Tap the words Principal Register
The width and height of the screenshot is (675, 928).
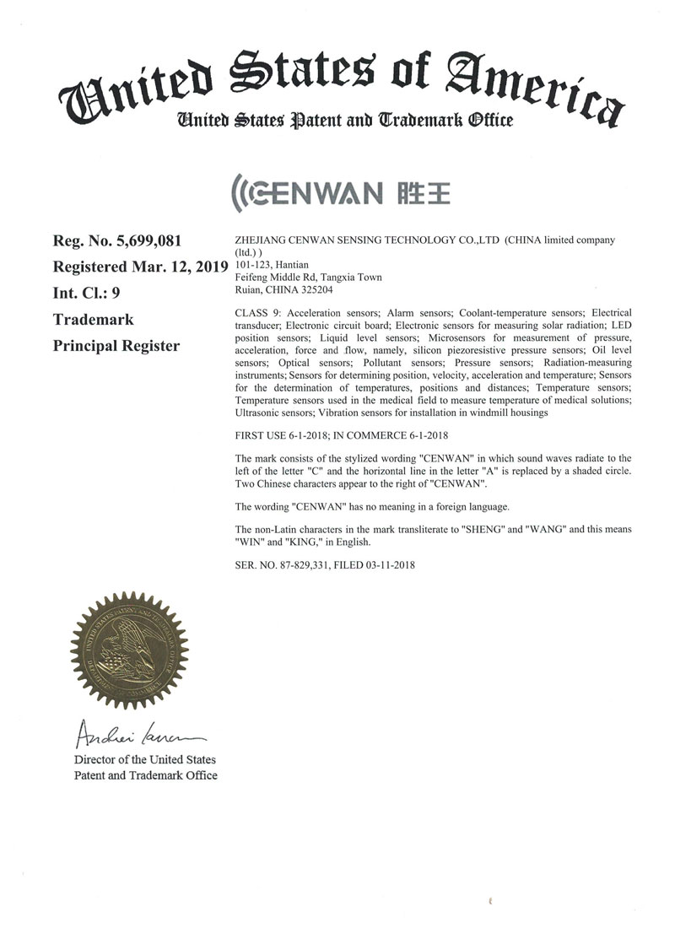(x=116, y=346)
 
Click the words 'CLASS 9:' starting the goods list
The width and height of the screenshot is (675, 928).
(x=255, y=313)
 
